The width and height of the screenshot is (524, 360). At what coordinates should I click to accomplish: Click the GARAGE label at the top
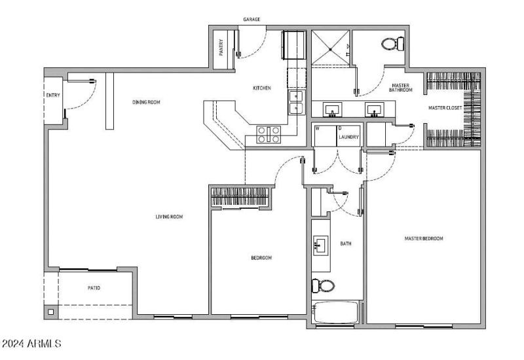click(x=252, y=20)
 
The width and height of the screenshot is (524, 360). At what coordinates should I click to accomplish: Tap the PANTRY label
click(x=221, y=48)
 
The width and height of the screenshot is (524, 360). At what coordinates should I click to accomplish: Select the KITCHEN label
click(x=262, y=88)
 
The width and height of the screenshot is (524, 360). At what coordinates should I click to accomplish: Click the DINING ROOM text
click(x=146, y=102)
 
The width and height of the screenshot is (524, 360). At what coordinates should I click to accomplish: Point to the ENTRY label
click(x=52, y=96)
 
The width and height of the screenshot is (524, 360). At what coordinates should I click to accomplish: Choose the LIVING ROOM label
click(x=168, y=217)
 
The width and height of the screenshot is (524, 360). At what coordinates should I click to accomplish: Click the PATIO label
click(x=94, y=287)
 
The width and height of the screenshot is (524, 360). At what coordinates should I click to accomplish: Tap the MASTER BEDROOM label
click(x=424, y=239)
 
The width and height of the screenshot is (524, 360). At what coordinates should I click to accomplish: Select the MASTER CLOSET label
click(x=445, y=108)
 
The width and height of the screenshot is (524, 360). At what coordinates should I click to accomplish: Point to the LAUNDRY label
click(x=348, y=137)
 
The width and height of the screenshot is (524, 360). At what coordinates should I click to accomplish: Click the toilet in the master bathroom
click(x=392, y=44)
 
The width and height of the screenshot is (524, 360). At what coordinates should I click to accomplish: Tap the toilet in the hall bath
click(x=323, y=285)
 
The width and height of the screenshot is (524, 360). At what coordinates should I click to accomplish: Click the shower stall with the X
click(x=330, y=46)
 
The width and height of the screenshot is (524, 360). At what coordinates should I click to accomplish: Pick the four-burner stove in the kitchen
click(x=269, y=134)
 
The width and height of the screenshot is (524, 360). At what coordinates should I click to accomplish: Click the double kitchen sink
click(x=296, y=103)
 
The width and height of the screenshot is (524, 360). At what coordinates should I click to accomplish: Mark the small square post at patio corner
click(x=50, y=312)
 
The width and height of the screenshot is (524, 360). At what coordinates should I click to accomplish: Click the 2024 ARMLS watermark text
click(x=32, y=343)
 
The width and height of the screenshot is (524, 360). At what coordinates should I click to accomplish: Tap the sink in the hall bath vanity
click(x=320, y=245)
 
